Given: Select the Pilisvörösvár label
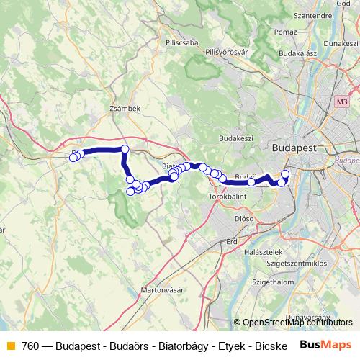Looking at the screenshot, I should click(x=227, y=53).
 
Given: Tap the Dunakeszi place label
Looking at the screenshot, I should click(x=340, y=44).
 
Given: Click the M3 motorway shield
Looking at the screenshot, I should click(x=341, y=104).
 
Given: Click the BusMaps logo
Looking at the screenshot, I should click(x=326, y=345).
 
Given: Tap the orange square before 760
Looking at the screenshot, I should click(x=11, y=346).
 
